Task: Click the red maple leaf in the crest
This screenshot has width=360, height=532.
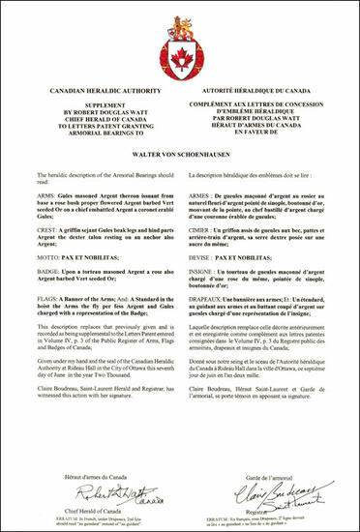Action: [x=180, y=50]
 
